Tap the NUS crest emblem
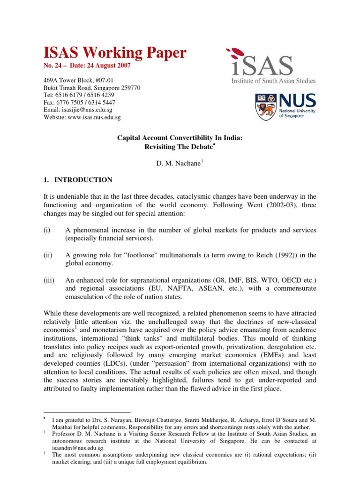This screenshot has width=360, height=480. tap(265, 105)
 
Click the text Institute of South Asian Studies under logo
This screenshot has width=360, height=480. tap(274, 81)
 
